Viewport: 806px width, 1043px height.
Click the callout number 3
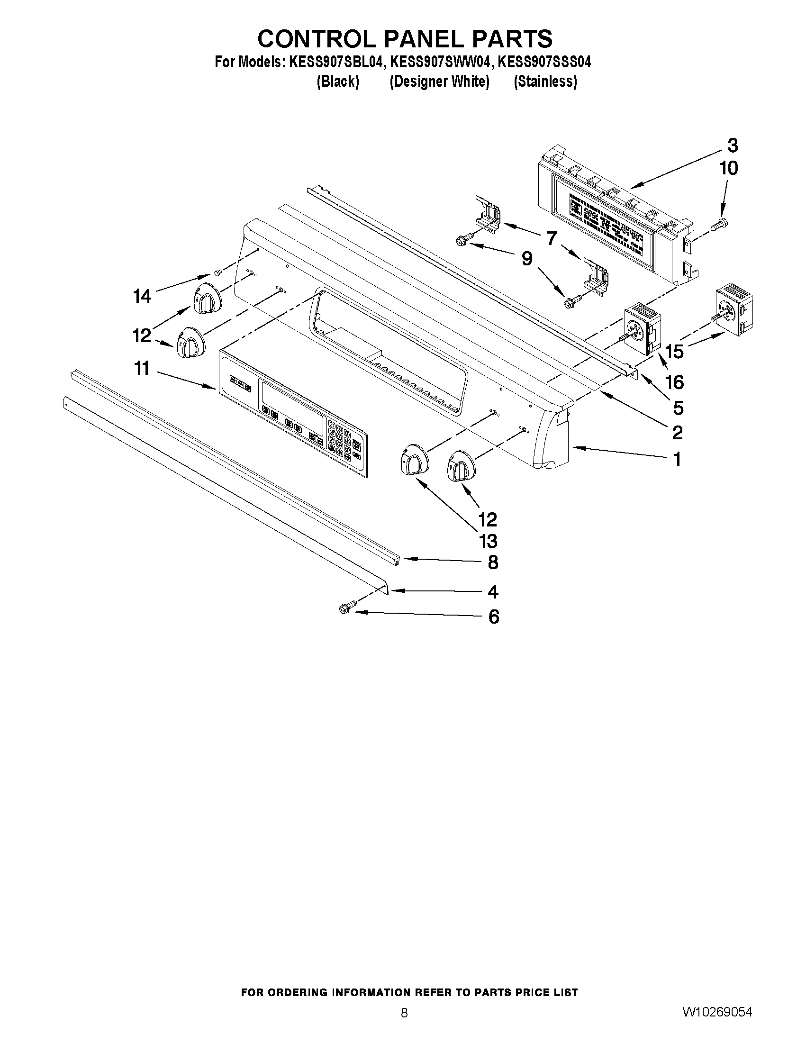click(732, 145)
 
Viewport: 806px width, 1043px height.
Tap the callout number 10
click(729, 168)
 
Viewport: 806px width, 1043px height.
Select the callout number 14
click(142, 297)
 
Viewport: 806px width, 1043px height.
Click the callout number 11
click(142, 369)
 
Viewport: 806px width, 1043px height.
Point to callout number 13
click(488, 541)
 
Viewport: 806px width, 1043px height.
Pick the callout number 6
click(493, 617)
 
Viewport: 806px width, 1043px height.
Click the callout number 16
click(675, 382)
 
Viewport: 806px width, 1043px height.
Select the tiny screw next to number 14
click(218, 272)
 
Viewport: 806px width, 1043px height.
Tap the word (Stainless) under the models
click(545, 82)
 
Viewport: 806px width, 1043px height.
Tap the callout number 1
click(677, 459)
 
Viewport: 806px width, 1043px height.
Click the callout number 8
click(493, 562)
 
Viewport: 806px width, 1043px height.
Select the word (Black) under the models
click(337, 82)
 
